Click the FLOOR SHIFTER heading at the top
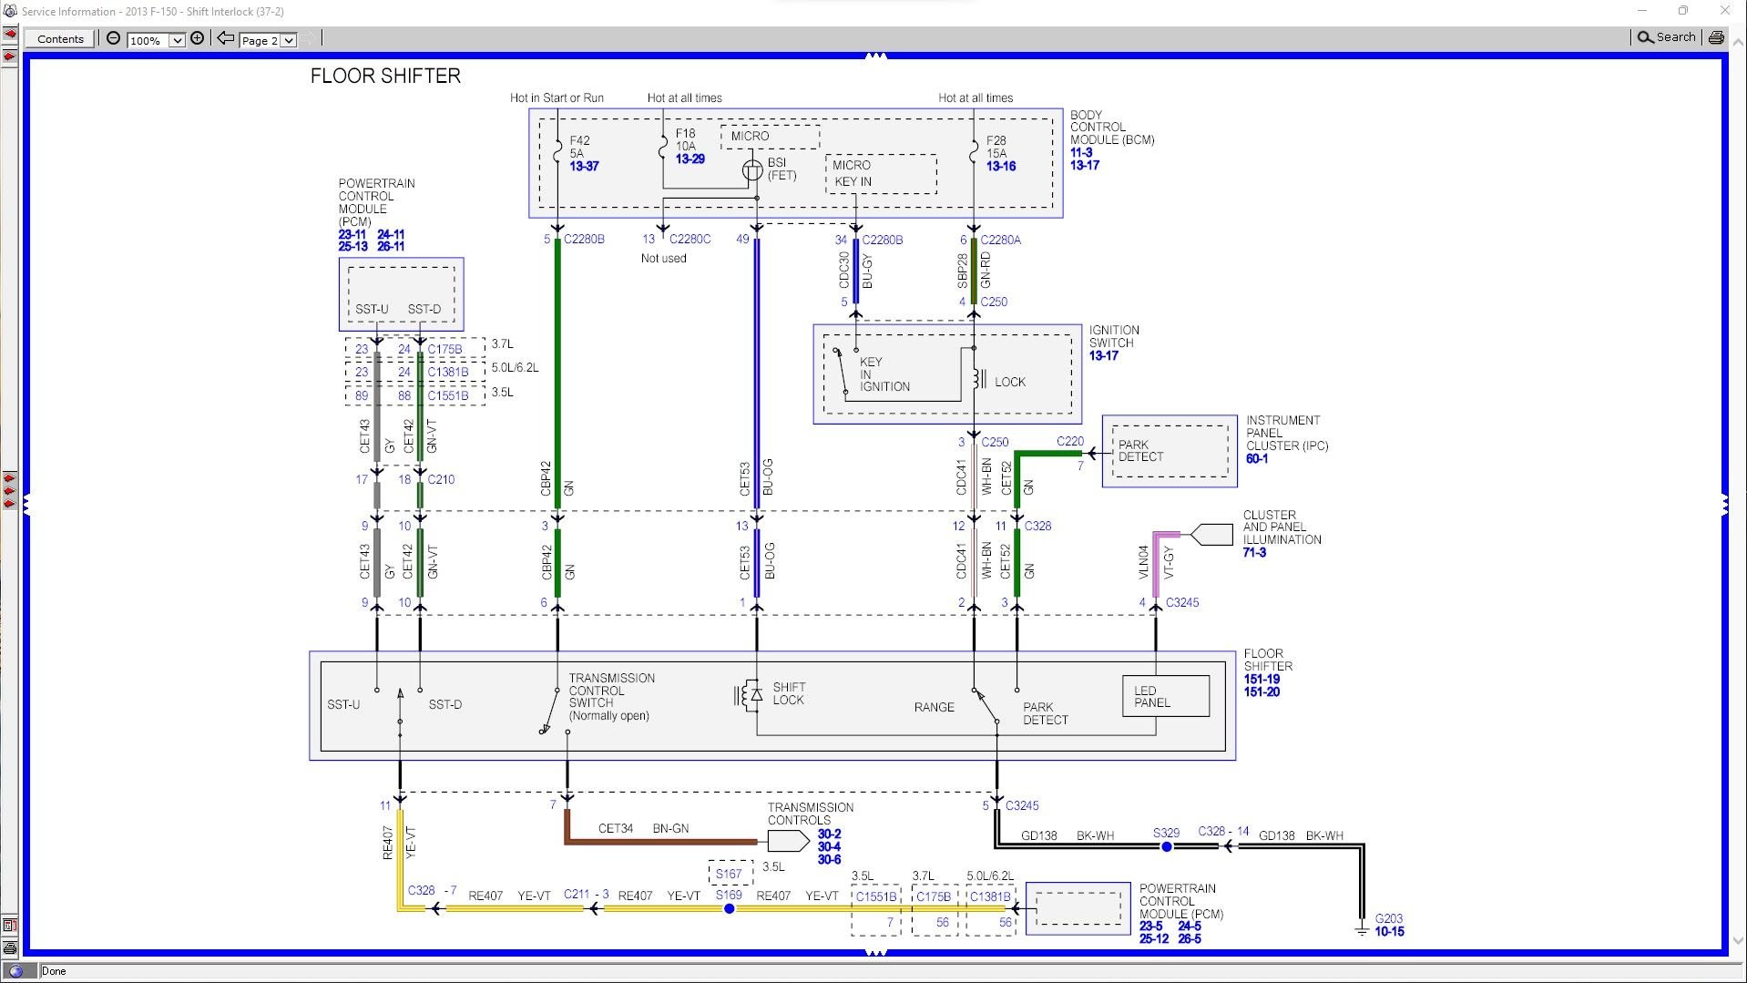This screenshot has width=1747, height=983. click(x=385, y=76)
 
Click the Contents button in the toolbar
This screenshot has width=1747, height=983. click(x=60, y=38)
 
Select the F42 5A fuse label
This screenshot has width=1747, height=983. click(x=579, y=148)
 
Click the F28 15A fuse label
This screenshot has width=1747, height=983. click(x=996, y=148)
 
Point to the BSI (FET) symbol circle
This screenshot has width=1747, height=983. click(x=752, y=170)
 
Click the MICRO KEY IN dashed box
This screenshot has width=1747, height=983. click(x=881, y=174)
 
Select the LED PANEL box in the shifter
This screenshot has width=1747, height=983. click(x=1165, y=697)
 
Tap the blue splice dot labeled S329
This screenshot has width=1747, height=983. click(x=1166, y=846)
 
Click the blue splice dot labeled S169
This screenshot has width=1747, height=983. click(x=729, y=908)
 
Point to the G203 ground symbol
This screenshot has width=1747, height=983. click(x=1362, y=929)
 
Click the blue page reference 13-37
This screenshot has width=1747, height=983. click(x=584, y=167)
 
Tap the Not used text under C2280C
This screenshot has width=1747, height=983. click(x=663, y=259)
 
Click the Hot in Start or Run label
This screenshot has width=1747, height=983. click(x=557, y=97)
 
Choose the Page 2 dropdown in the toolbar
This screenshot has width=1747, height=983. click(x=268, y=40)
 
